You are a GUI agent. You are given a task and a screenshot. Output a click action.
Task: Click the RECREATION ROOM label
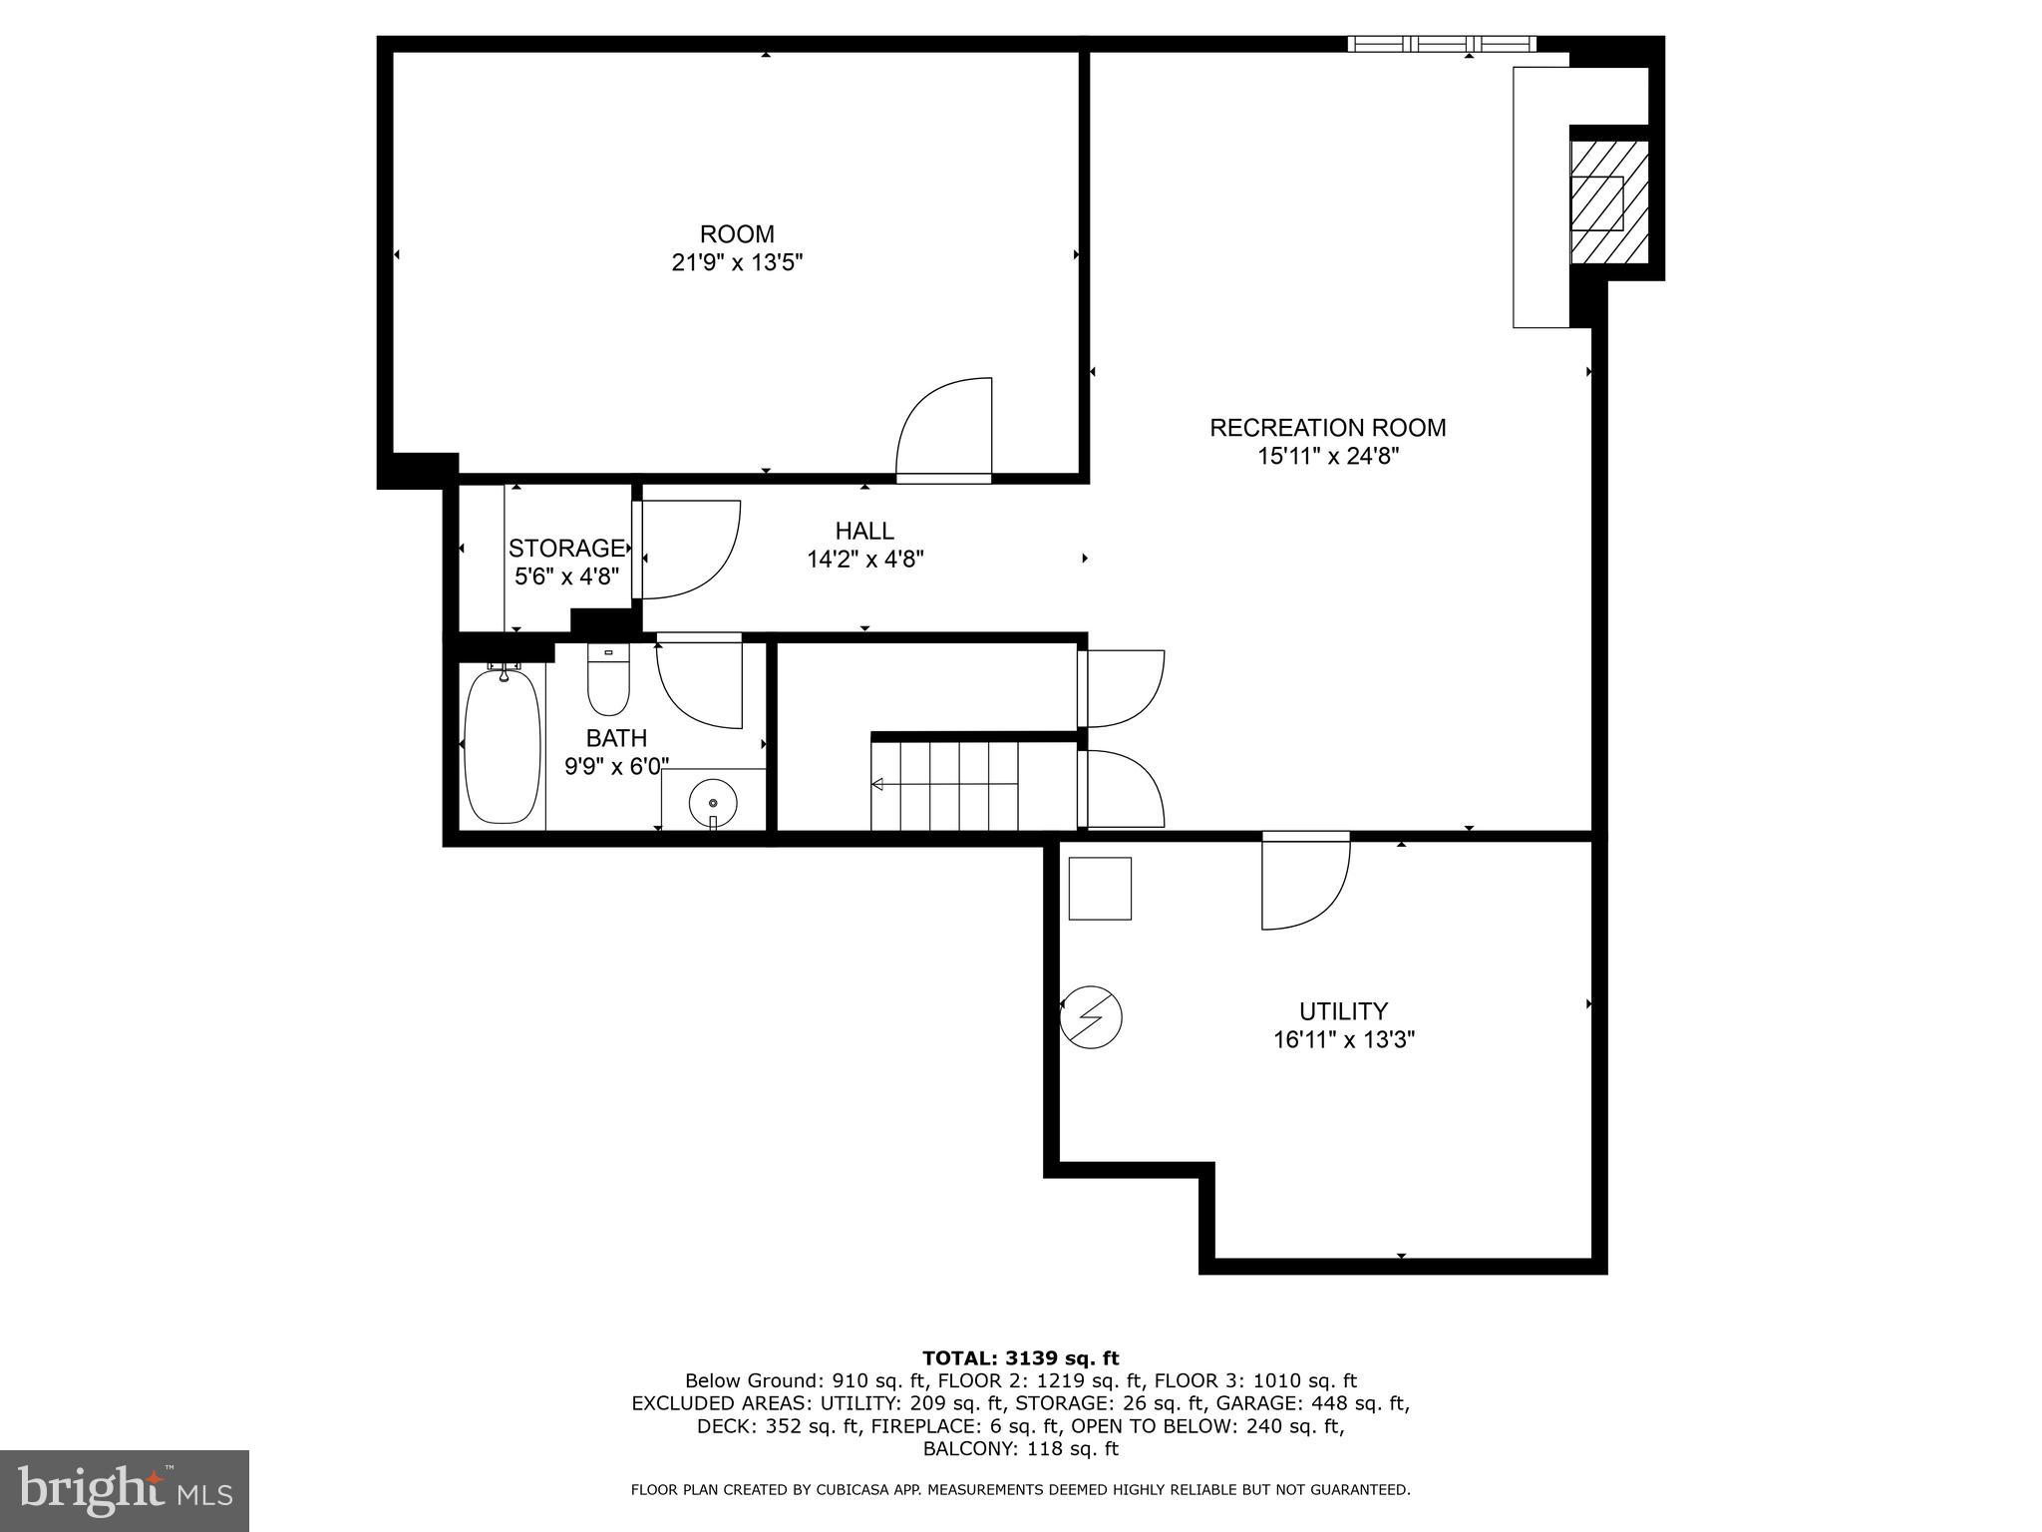click(x=1327, y=428)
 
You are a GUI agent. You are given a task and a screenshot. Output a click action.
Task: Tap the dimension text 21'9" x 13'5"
click(x=737, y=263)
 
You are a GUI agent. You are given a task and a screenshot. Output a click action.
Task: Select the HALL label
click(x=864, y=531)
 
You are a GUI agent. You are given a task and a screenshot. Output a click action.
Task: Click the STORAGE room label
click(x=566, y=548)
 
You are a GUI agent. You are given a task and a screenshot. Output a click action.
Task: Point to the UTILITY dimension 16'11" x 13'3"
click(x=1343, y=1040)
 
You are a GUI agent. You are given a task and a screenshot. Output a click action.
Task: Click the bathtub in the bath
click(x=504, y=746)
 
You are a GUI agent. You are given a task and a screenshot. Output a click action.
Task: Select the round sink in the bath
click(x=713, y=801)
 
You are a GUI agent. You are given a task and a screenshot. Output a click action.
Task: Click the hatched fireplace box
click(x=1608, y=201)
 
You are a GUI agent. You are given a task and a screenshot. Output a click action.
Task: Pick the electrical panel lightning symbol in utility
click(x=1091, y=1017)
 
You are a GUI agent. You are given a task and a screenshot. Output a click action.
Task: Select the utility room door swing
click(x=1304, y=883)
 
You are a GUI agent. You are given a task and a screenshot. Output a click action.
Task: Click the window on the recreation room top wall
click(x=1441, y=44)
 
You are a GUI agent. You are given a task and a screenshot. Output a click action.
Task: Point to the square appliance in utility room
click(x=1100, y=888)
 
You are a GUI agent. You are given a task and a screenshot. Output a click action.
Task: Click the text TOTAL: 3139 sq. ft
click(x=1020, y=1357)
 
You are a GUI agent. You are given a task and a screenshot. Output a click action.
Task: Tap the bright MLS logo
click(x=125, y=1490)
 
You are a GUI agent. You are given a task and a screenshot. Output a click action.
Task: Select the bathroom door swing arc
click(x=701, y=683)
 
